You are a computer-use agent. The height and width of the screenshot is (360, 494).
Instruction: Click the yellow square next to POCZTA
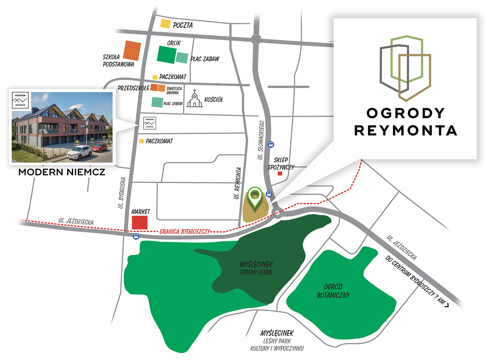[165, 23]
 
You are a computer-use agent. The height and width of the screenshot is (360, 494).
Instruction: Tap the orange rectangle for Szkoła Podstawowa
[132, 51]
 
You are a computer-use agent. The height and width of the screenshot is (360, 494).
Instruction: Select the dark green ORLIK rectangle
[167, 55]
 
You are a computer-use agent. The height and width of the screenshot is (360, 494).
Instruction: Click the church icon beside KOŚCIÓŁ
[195, 99]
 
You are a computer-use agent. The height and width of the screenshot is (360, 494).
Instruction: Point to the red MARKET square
[140, 222]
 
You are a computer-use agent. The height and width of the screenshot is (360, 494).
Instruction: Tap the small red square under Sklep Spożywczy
[280, 174]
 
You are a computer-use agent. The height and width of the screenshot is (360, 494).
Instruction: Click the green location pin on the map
[255, 197]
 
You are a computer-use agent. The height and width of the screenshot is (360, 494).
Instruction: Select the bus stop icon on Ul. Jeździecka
[136, 237]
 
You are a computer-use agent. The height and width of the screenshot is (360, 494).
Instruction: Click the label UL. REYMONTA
[237, 183]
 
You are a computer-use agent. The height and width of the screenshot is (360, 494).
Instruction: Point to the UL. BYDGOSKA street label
[122, 193]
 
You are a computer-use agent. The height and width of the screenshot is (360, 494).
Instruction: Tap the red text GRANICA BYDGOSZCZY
[185, 231]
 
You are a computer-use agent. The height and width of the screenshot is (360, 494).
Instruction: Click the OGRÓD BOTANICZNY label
[333, 291]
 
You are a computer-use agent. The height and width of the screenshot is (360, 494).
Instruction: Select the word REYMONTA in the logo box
[405, 131]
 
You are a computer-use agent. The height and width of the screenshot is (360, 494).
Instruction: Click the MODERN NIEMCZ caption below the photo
[62, 172]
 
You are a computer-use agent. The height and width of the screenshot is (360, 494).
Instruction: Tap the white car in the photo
[79, 152]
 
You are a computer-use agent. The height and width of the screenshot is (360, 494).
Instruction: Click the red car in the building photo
[99, 147]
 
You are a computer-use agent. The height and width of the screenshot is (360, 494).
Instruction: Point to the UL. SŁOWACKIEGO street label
[261, 140]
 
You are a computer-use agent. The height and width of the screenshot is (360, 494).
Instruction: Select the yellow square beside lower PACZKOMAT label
[141, 141]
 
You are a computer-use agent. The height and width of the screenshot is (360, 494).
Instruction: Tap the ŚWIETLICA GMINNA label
[174, 91]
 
